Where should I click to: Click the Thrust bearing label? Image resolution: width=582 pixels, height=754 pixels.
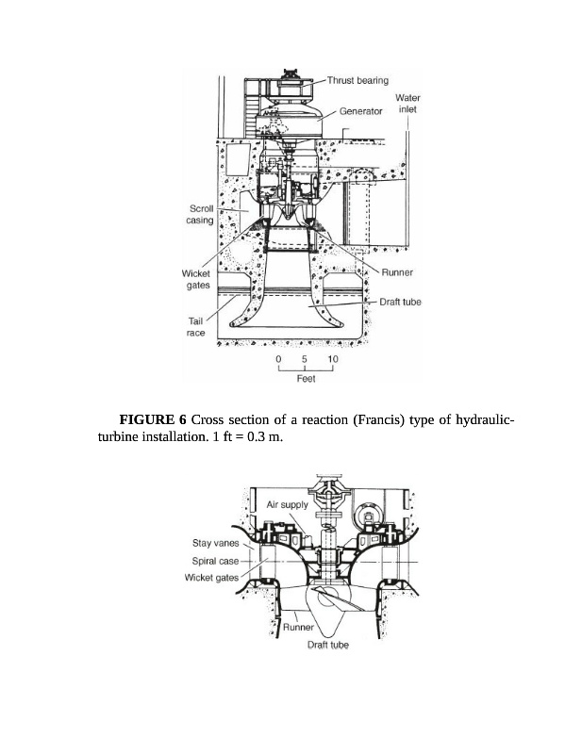pos(358,80)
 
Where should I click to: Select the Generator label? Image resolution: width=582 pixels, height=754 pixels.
pos(360,111)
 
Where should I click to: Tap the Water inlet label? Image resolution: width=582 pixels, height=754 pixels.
pos(407,104)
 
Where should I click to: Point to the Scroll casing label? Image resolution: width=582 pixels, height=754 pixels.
pos(200,215)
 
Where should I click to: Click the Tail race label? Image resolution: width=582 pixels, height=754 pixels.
pos(196,327)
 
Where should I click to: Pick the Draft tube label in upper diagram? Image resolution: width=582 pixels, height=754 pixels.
pos(400,302)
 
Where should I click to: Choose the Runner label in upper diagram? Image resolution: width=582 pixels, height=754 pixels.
pos(397,272)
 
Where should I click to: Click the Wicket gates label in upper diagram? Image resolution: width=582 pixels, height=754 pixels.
pos(196,279)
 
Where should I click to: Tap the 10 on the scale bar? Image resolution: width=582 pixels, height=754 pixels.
pos(333,359)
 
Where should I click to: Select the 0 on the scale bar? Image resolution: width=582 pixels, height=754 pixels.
pos(278,359)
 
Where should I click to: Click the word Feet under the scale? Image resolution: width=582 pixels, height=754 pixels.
pos(307,379)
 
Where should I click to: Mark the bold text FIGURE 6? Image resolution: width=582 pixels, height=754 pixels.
pos(153,419)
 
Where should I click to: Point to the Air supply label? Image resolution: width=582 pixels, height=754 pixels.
pos(288,505)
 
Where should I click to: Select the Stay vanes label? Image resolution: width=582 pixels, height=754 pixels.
pos(216,543)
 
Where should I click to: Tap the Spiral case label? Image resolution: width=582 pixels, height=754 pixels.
pos(215,561)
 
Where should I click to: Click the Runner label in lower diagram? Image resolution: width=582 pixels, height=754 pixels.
pos(298,627)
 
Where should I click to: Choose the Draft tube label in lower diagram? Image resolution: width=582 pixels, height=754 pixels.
pos(328,645)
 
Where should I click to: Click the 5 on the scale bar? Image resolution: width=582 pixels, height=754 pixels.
pos(305,359)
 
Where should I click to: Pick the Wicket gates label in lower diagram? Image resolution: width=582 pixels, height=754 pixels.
pos(212,578)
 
